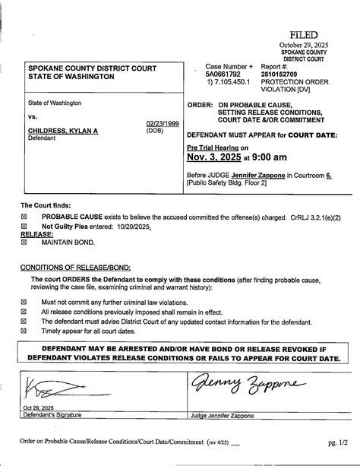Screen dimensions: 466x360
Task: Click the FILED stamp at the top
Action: click(302, 35)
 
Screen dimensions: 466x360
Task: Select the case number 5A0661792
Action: click(223, 76)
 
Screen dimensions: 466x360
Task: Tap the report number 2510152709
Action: click(282, 76)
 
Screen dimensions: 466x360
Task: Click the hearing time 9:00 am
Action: click(267, 157)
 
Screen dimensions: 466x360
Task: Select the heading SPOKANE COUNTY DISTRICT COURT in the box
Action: click(92, 68)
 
